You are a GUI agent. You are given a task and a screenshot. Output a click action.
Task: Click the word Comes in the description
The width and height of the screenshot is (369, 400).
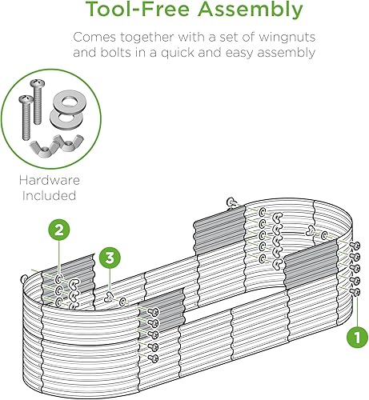pyautogui.click(x=95, y=38)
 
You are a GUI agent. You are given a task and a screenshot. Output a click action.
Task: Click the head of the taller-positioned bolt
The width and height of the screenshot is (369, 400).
pyautogui.click(x=36, y=82)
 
